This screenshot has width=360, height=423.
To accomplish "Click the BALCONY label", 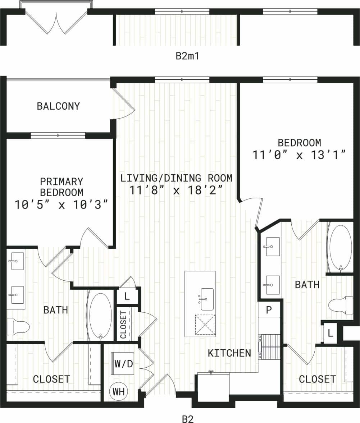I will (x=58, y=106).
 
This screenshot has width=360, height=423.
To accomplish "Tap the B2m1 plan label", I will (x=187, y=56).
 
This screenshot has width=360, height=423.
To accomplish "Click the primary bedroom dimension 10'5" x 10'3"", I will (x=61, y=205).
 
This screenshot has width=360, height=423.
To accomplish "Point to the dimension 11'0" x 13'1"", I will (x=299, y=155).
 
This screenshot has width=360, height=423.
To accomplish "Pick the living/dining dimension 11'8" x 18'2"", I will (x=176, y=189).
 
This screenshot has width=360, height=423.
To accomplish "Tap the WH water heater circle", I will (x=119, y=392).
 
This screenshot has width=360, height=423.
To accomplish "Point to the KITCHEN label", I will (x=229, y=353).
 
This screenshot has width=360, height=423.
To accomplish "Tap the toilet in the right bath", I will (x=341, y=305).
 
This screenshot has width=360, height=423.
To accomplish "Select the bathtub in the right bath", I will (x=341, y=248).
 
